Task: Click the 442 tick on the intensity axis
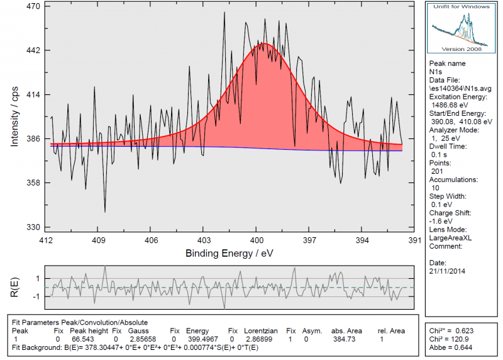[x=32, y=50]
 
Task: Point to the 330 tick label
[x=32, y=227]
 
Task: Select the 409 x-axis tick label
[x=98, y=240]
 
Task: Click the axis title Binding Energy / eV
[x=230, y=252]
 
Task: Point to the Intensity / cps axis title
[x=15, y=117]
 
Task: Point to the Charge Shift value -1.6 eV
[x=441, y=220]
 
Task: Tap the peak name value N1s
[x=437, y=72]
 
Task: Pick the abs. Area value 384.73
[x=345, y=339]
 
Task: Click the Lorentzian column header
[x=258, y=330]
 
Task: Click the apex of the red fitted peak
[x=265, y=43]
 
